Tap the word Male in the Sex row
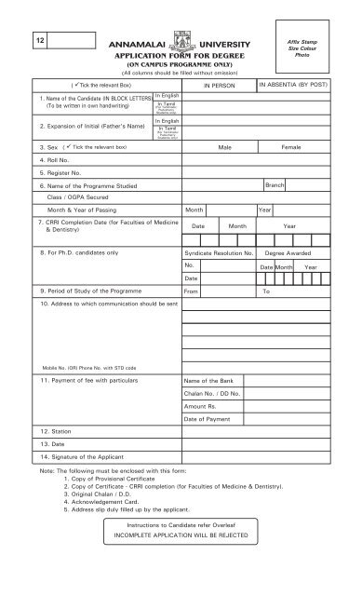coord(224,147)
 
